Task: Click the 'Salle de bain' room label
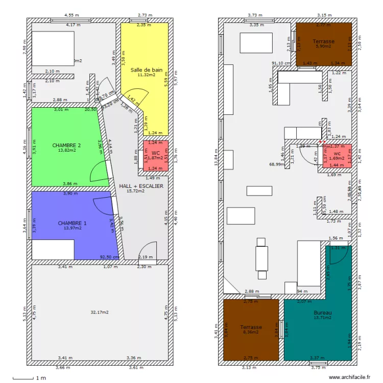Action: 146,70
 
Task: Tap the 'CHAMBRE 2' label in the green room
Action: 66,146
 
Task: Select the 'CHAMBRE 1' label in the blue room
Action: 72,223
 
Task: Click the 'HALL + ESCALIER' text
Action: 141,186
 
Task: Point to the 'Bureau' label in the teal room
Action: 323,313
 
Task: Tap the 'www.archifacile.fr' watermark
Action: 347,377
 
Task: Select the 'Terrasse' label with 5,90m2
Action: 324,41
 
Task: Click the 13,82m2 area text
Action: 66,151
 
